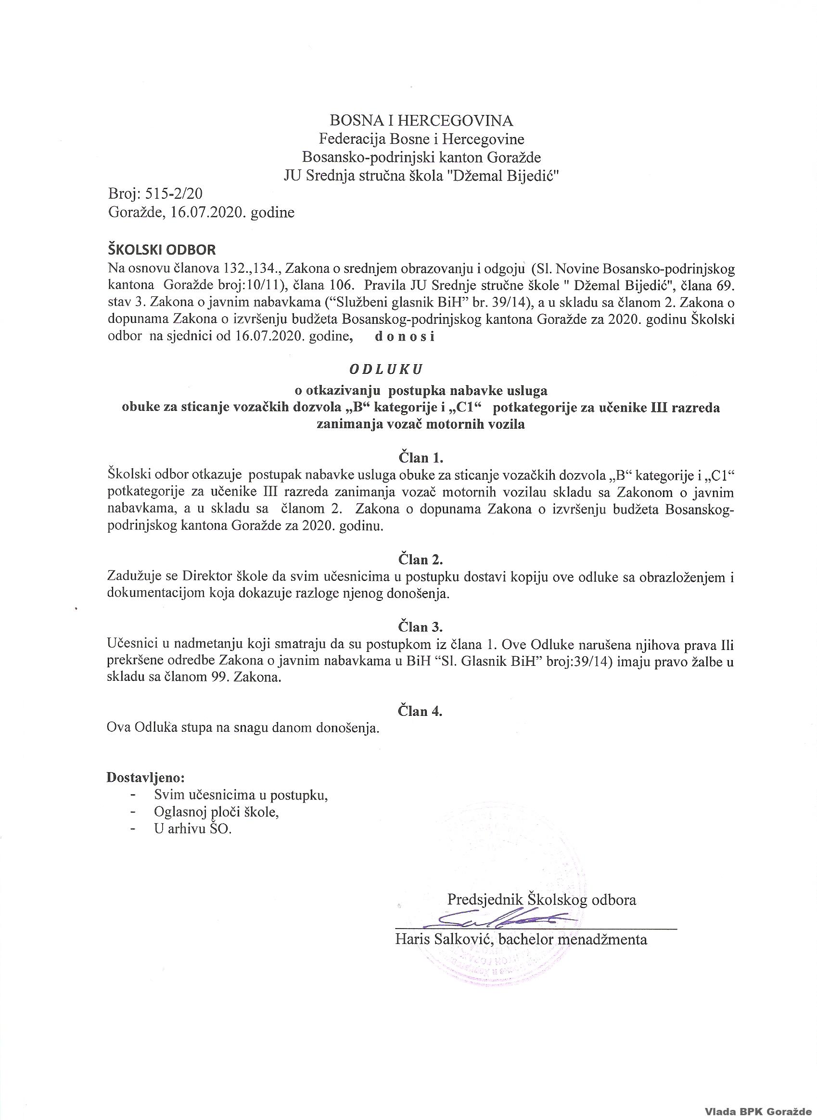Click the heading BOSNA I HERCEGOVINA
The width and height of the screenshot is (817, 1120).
point(421,120)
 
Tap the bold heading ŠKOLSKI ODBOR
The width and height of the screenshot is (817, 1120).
point(161,249)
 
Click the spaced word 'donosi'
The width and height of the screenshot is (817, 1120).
point(405,337)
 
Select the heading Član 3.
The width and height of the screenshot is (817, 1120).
point(421,627)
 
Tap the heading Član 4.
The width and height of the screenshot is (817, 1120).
point(421,711)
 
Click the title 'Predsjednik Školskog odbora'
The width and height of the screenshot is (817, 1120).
point(541,900)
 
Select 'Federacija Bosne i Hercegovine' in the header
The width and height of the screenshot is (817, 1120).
point(421,139)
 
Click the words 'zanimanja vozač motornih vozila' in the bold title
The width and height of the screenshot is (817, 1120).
point(421,424)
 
